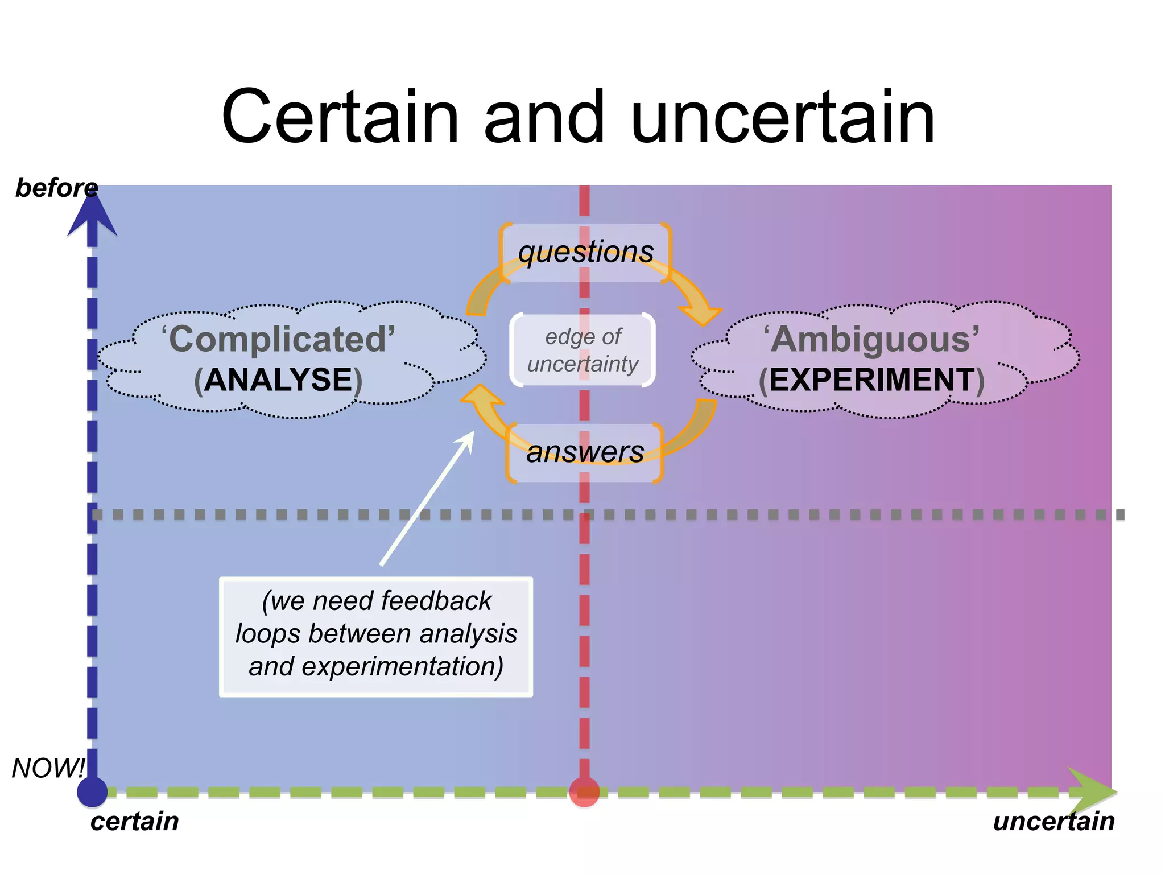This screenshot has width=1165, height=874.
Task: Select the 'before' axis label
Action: [56, 188]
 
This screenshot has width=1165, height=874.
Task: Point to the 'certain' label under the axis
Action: [134, 821]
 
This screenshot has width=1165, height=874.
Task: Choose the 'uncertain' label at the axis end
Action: [1054, 821]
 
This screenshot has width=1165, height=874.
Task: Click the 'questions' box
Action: [586, 252]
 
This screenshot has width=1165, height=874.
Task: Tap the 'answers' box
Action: [585, 452]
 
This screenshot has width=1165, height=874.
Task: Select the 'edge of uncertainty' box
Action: [583, 350]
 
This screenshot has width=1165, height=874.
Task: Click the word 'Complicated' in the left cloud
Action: [278, 339]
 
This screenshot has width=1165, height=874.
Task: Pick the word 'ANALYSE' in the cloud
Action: [278, 380]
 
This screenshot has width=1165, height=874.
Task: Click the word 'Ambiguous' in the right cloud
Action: [871, 339]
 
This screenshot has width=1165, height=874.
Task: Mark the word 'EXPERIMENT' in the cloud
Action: [871, 380]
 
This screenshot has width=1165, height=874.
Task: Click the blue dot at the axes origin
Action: [92, 791]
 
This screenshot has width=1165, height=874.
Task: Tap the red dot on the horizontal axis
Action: [584, 791]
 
